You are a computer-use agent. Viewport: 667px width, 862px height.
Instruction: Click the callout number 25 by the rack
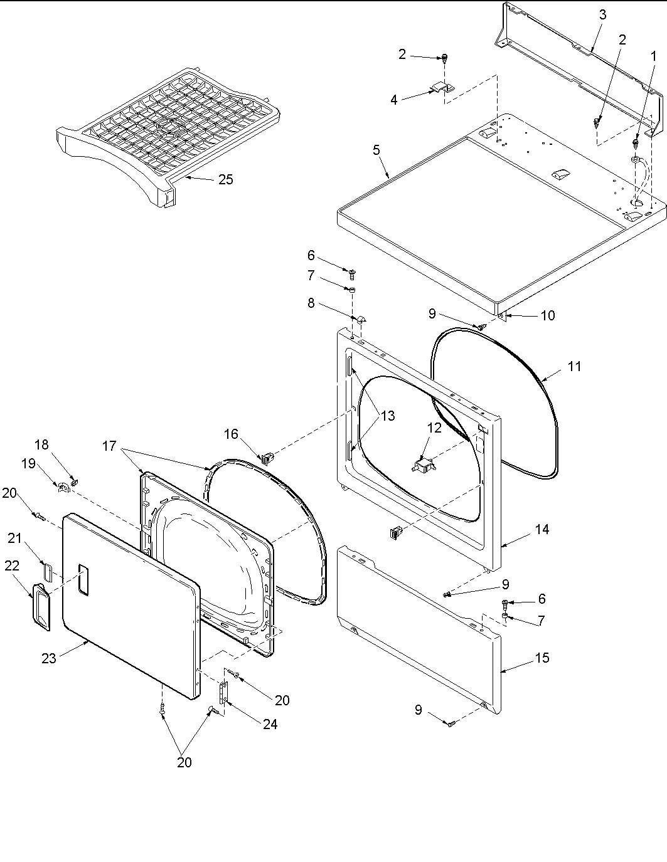coord(225,180)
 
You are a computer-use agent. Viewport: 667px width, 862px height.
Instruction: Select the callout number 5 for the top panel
coord(376,150)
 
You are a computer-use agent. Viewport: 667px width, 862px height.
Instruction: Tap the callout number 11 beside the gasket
coord(574,367)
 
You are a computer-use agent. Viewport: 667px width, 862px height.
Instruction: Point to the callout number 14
coord(542,529)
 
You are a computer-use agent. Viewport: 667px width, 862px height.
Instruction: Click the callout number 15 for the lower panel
coord(542,658)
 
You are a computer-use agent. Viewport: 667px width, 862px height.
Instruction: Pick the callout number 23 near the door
coord(49,658)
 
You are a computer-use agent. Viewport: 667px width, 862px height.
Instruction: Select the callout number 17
coord(110,446)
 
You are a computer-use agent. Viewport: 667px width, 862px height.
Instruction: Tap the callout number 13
coord(388,415)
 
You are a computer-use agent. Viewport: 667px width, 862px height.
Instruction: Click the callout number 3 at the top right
coord(602,15)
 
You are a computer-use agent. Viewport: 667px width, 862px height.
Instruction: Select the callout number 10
coord(547,315)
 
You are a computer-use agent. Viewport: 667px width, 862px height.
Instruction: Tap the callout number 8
coord(311,304)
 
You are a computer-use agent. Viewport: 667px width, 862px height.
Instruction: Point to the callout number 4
coord(394,100)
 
